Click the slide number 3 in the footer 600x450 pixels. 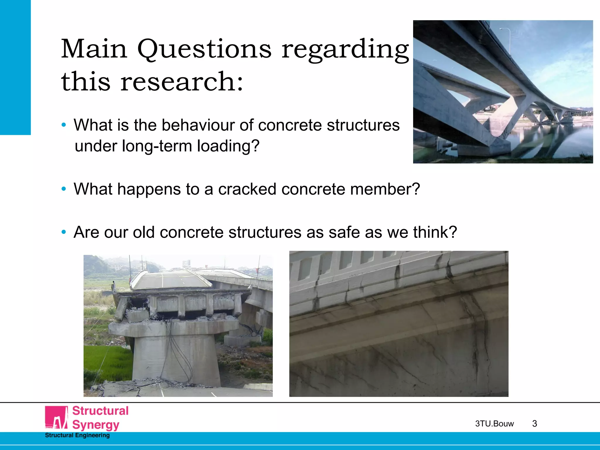click(534, 424)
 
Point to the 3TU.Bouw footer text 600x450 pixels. click(494, 424)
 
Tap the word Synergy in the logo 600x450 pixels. click(96, 425)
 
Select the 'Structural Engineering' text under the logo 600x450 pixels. click(77, 435)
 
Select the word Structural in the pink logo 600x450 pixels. click(100, 411)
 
